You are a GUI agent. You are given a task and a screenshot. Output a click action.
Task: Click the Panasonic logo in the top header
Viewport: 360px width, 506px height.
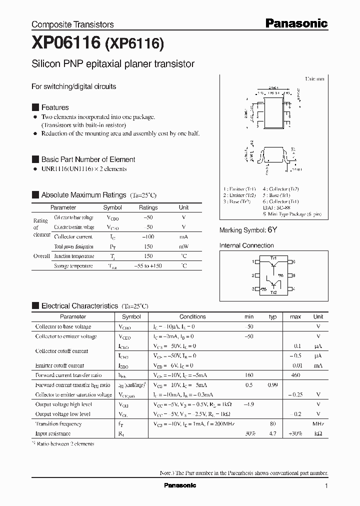(x=295, y=23)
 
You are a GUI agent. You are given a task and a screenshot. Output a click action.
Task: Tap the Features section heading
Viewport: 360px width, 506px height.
(x=55, y=107)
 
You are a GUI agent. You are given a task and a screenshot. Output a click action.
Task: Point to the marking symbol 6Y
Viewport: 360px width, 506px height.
(x=272, y=230)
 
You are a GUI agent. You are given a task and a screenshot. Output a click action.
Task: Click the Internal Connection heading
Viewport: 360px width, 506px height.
(x=246, y=245)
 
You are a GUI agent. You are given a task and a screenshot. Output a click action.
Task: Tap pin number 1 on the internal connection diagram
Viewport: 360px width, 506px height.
(x=253, y=261)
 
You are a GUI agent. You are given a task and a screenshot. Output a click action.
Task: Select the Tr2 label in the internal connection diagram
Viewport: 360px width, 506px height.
(x=273, y=292)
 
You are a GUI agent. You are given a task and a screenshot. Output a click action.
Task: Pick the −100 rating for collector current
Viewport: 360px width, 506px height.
(x=147, y=236)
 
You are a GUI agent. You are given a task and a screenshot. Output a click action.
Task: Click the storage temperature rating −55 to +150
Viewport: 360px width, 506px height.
(x=147, y=266)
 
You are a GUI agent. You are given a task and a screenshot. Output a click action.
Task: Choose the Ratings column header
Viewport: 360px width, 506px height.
(x=148, y=207)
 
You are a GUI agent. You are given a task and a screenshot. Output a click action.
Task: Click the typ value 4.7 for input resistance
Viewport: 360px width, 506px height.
(x=272, y=433)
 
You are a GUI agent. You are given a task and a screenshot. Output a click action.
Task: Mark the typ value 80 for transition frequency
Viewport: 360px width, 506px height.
(x=272, y=424)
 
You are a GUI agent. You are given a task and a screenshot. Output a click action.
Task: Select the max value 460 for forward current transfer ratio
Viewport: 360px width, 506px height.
(x=295, y=375)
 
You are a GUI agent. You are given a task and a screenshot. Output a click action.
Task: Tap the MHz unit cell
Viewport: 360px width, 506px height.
(x=318, y=424)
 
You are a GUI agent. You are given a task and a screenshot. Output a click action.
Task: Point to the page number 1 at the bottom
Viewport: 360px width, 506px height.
(x=326, y=486)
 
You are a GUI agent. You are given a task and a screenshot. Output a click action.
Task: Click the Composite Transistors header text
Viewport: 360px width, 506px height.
(x=72, y=24)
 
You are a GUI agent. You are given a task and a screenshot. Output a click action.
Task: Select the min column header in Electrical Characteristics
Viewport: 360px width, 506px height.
(x=249, y=316)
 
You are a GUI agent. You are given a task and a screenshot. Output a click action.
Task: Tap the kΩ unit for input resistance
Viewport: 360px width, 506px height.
(x=318, y=433)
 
